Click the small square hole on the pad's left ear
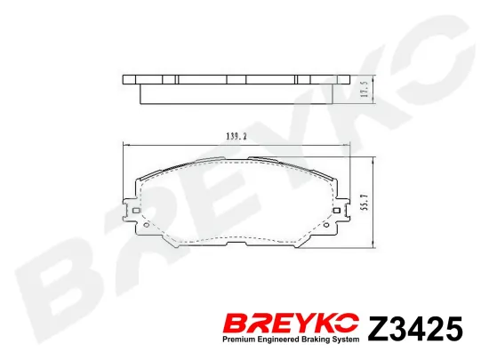(132, 212)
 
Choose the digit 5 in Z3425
(453, 329)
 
